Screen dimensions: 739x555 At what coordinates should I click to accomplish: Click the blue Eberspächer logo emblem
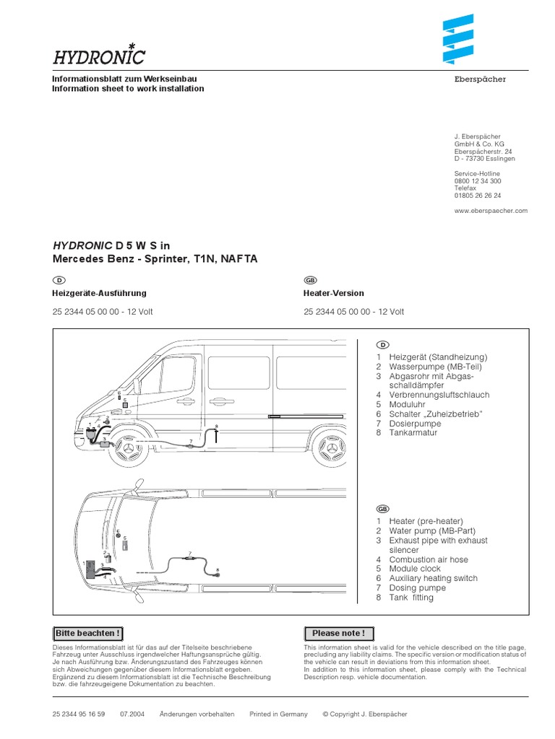457,41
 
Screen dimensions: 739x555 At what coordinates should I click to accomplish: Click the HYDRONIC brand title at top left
98,56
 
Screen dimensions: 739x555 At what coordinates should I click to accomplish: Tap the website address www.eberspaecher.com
491,211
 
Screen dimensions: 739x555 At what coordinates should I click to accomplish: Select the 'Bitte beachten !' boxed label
87,634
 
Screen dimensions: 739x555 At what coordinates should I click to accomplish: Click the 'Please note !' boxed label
338,634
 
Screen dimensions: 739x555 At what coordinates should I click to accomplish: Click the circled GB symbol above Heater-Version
310,280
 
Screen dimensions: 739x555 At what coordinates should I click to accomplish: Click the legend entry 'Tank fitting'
411,598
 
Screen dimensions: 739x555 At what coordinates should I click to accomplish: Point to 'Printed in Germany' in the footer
278,714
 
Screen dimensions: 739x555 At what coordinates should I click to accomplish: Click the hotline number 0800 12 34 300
478,181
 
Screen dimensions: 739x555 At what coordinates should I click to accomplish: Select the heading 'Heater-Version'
334,294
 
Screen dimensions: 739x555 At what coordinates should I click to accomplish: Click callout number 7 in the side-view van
190,441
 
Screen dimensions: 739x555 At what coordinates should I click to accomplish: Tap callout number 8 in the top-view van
218,570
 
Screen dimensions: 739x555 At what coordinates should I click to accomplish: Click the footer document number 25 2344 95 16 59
79,714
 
